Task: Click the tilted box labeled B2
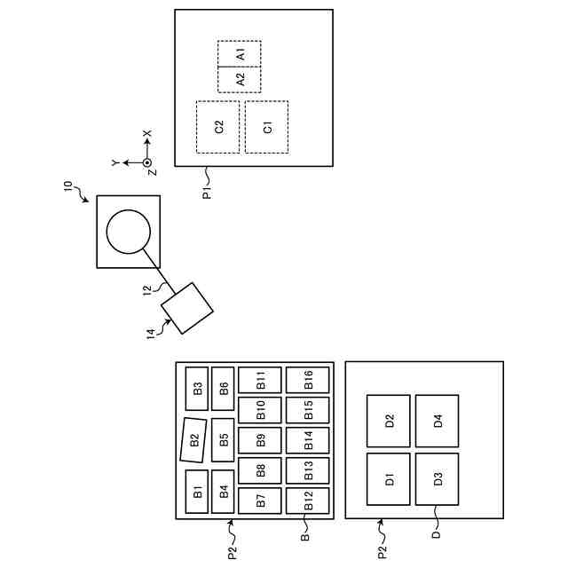point(193,440)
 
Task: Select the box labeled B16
point(308,380)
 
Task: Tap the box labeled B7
point(260,501)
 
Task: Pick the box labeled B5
point(224,439)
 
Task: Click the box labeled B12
point(308,501)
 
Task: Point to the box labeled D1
point(389,479)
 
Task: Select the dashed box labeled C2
point(217,127)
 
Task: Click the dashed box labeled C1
point(266,127)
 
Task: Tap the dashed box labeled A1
point(240,53)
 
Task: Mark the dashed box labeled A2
point(240,79)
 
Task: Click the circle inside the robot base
point(128,232)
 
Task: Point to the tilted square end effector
point(187,309)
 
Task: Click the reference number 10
point(69,186)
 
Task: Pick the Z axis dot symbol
point(148,162)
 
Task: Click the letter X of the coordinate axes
point(148,134)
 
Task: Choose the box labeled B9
point(260,440)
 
